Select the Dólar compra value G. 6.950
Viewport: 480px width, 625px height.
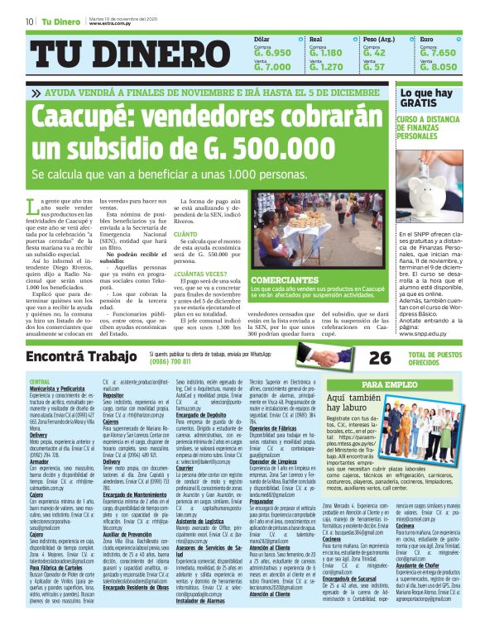(x=272, y=53)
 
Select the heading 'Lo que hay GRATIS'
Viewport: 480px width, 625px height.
(x=426, y=98)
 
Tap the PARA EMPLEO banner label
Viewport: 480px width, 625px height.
(x=389, y=385)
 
